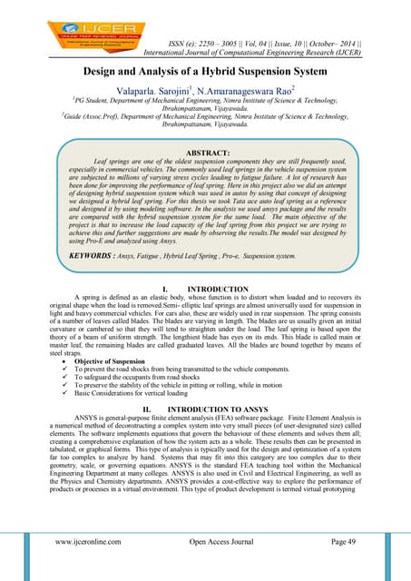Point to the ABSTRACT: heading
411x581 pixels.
(x=206, y=153)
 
